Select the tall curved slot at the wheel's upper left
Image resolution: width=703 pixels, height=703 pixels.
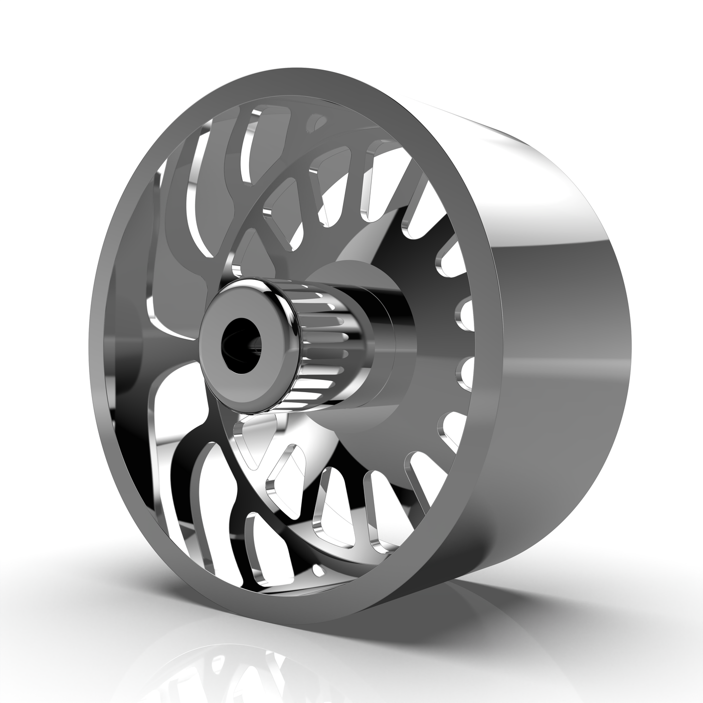tap(195, 195)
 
